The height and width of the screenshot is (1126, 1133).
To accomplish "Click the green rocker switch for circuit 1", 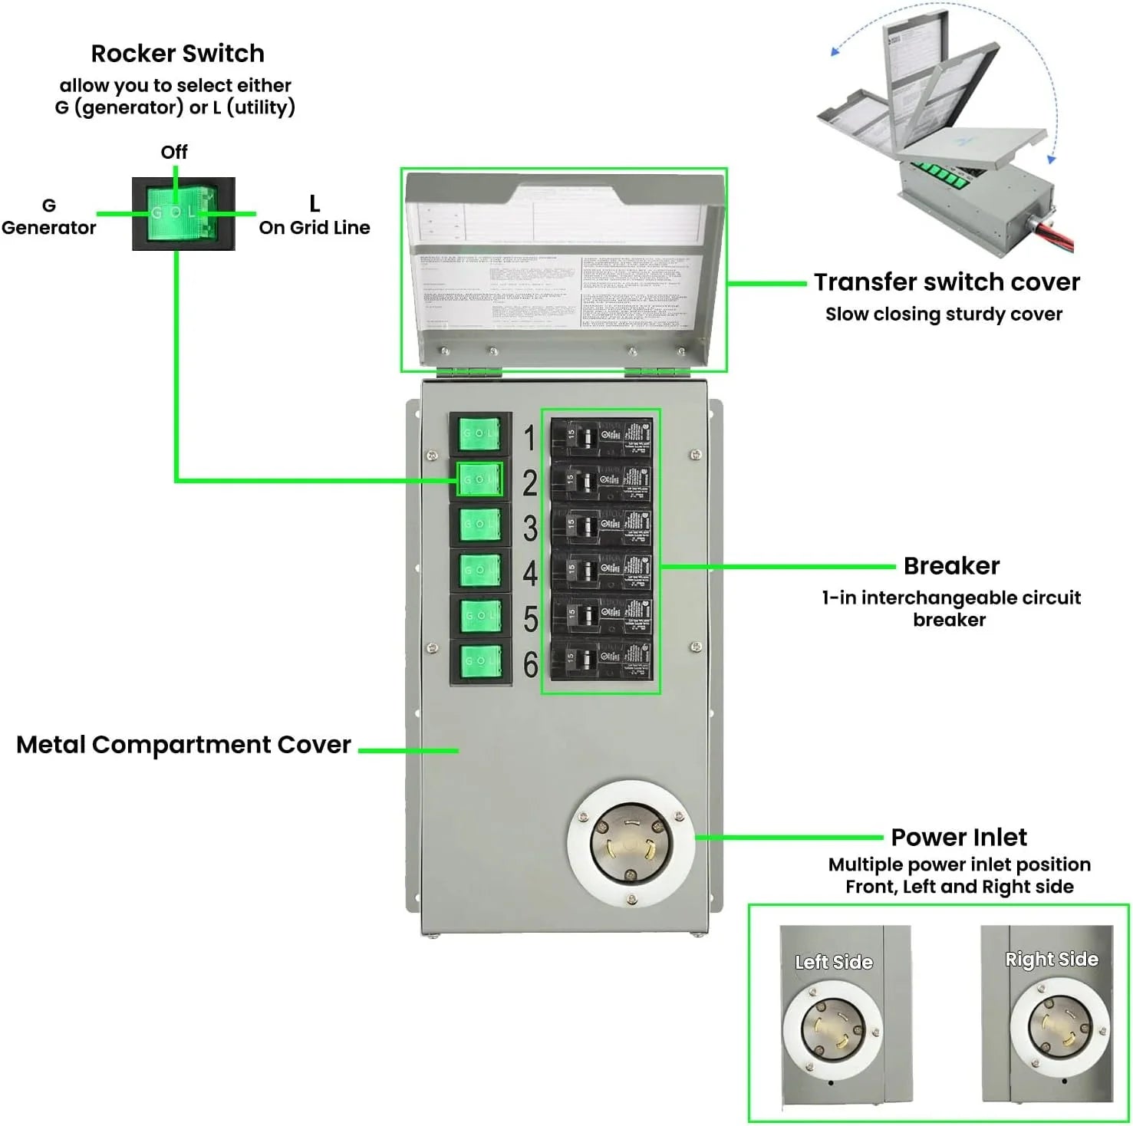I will [x=479, y=434].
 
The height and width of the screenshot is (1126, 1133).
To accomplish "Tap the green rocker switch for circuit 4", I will [x=480, y=570].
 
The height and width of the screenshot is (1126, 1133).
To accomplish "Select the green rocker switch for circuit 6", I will [x=480, y=660].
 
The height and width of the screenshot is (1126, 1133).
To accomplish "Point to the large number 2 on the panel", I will [x=530, y=483].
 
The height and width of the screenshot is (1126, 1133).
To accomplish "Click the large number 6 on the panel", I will [x=530, y=664].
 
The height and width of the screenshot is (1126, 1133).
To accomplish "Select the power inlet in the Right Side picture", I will [x=1059, y=1026].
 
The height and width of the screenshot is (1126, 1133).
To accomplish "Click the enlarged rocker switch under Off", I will [x=183, y=213].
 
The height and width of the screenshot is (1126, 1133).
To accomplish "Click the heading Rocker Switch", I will [x=177, y=54].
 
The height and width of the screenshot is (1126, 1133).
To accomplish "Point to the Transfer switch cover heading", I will [x=947, y=282].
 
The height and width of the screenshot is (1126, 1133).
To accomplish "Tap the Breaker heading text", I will [x=951, y=566].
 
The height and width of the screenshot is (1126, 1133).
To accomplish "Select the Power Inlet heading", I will [x=958, y=837].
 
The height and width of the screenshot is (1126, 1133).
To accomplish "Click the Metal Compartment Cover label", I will [x=183, y=745].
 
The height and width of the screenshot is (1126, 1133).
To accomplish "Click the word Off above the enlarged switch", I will [x=174, y=152].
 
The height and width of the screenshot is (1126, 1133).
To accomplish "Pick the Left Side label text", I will [x=834, y=962].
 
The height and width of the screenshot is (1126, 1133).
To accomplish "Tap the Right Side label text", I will [x=1052, y=960].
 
